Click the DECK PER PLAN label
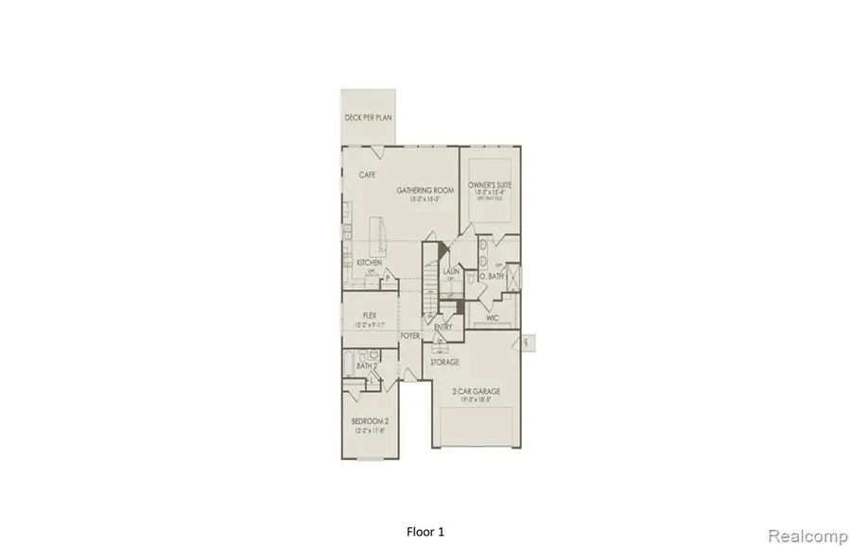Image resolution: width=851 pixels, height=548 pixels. tap(368, 117)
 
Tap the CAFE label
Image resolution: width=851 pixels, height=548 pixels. tap(369, 175)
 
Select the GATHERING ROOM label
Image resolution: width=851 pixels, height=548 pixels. tap(425, 190)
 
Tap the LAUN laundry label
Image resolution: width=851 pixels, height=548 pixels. tap(450, 272)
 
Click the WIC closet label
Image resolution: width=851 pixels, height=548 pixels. tap(493, 318)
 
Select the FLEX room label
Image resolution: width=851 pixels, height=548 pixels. tap(371, 316)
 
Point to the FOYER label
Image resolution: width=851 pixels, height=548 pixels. tap(409, 335)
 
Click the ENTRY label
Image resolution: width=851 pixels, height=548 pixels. tap(443, 327)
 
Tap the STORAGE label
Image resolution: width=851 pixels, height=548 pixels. tap(445, 362)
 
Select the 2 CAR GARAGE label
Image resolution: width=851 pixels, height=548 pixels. tap(477, 391)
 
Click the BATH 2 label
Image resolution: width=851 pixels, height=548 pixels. tap(367, 365)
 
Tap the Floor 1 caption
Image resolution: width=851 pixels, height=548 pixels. tap(425, 531)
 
